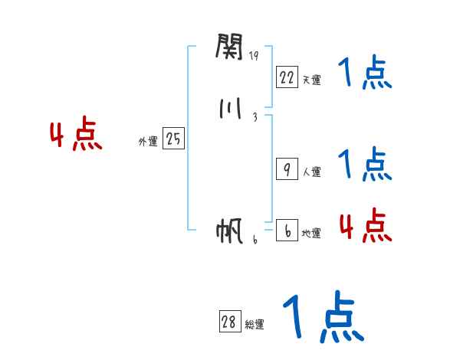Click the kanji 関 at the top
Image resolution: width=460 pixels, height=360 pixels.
tap(229, 48)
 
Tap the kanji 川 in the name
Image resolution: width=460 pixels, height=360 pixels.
tap(229, 110)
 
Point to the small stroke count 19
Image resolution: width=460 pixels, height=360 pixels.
tap(254, 56)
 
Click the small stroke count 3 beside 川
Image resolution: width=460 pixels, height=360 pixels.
tap(255, 117)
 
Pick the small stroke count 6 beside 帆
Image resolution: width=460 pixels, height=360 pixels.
tap(255, 239)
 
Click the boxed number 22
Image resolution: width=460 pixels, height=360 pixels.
tap(287, 77)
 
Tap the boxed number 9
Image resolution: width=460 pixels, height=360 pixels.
tap(287, 170)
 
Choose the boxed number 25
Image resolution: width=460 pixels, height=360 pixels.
tap(173, 139)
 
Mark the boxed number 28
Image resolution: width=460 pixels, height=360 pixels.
tap(229, 322)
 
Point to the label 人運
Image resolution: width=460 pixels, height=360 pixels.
tap(311, 172)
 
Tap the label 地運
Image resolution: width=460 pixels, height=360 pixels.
tap(311, 234)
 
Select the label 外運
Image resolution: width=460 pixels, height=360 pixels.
tap(147, 142)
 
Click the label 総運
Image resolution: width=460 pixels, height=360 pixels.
tap(255, 325)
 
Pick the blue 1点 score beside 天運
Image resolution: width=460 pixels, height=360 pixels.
tap(364, 74)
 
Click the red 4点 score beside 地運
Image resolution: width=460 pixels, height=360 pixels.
tap(365, 225)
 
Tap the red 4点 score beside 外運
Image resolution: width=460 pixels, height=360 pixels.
tap(76, 136)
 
